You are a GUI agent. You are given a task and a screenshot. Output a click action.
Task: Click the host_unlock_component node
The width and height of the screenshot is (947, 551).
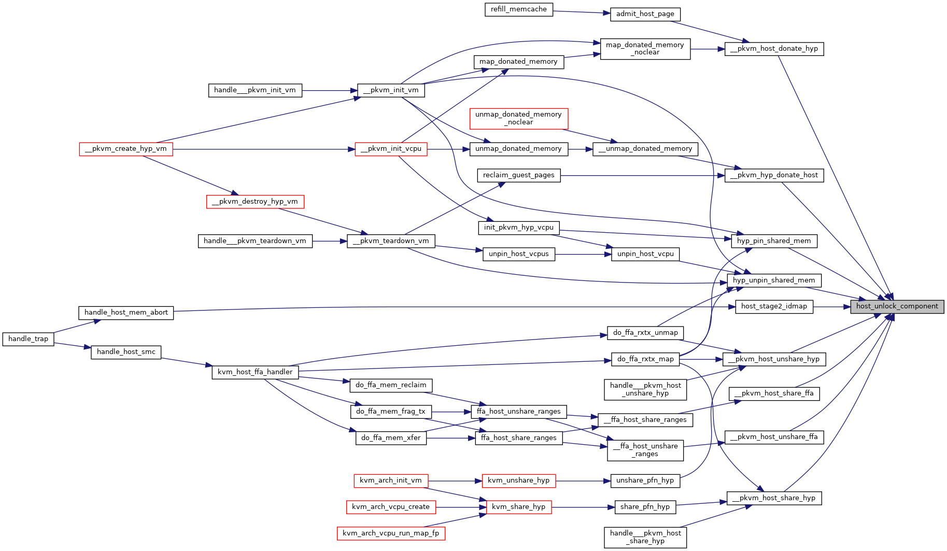point(897,306)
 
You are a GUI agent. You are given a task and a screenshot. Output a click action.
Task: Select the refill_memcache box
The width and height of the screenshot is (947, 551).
point(519,9)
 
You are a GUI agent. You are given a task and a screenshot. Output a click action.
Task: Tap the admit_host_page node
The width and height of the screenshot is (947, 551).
point(645,14)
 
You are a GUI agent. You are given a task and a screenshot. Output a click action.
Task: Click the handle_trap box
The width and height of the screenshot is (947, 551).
point(29,339)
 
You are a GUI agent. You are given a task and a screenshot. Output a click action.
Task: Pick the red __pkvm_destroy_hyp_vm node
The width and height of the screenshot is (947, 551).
point(255,202)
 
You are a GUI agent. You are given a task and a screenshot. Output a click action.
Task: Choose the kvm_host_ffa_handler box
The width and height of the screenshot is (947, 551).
point(255,372)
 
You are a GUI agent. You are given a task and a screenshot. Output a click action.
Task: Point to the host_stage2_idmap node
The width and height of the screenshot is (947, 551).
point(774,306)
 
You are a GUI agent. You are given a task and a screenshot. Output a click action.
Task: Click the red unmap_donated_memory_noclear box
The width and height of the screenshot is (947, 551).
point(519,119)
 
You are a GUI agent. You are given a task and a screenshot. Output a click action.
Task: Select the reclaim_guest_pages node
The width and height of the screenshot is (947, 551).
point(519,175)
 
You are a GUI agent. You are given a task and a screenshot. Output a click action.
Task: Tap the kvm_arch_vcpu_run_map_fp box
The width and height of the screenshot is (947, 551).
point(391,533)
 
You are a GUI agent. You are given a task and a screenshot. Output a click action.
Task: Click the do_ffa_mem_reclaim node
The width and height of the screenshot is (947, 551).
point(391,385)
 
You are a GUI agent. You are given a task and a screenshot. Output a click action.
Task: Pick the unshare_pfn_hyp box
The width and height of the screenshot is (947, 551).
point(645,481)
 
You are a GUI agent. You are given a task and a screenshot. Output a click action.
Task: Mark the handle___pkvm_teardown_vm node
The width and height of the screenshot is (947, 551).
point(255,241)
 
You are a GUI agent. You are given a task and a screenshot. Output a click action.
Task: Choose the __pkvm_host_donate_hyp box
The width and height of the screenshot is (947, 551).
point(774,49)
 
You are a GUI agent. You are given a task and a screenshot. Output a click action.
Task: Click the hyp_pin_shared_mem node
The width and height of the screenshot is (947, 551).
point(774,241)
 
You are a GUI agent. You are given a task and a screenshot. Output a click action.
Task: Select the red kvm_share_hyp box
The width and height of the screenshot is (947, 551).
point(519,507)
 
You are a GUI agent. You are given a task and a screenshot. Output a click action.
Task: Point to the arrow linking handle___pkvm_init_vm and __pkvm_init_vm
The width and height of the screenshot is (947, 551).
point(330,91)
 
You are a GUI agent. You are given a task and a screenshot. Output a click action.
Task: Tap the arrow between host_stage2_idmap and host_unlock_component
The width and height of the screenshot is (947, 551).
point(831,306)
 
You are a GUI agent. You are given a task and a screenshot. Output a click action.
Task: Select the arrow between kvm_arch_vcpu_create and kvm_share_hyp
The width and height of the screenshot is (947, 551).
point(461,507)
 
